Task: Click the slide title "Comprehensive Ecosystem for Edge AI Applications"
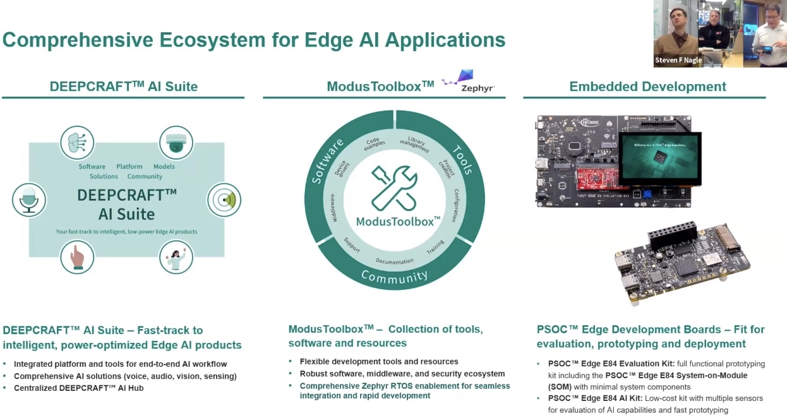tap(254, 40)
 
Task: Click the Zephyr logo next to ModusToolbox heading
tap(468, 81)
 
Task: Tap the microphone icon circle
tap(29, 200)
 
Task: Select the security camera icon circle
tap(176, 143)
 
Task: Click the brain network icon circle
tap(77, 143)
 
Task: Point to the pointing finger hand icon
tap(77, 257)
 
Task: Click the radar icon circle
tap(224, 200)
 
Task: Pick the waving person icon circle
tap(176, 257)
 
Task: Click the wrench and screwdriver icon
tap(394, 187)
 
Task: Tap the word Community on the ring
tap(394, 276)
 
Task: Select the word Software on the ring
tap(327, 161)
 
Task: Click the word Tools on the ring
tap(462, 160)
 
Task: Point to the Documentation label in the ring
tap(394, 261)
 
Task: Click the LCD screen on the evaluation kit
tap(659, 158)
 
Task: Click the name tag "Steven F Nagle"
tap(678, 61)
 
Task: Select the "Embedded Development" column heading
tap(647, 87)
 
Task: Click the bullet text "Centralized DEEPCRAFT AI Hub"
tap(78, 388)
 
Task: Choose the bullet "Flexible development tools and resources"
tap(379, 362)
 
